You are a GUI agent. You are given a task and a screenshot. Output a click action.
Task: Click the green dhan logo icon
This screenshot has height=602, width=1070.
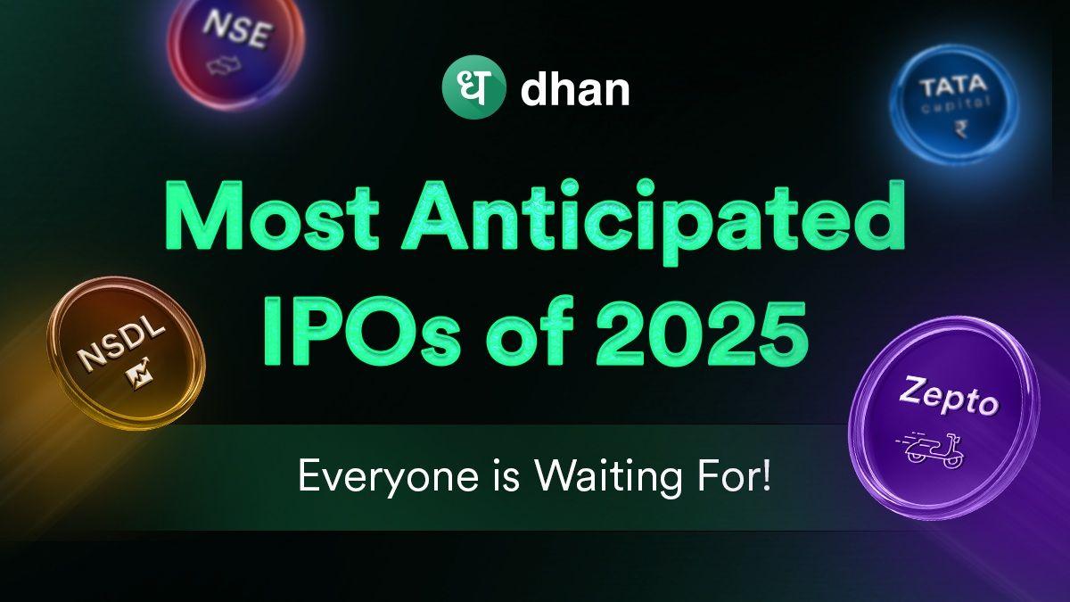(x=469, y=91)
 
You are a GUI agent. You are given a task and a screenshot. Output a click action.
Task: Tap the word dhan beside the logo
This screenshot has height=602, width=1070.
(x=575, y=92)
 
